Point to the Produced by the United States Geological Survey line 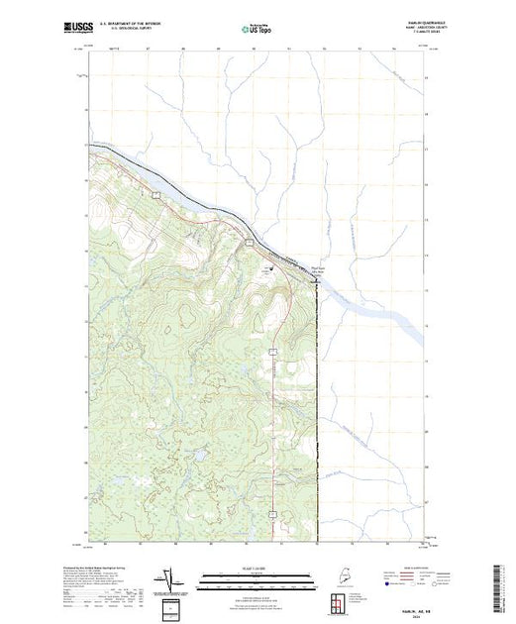(x=105, y=568)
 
